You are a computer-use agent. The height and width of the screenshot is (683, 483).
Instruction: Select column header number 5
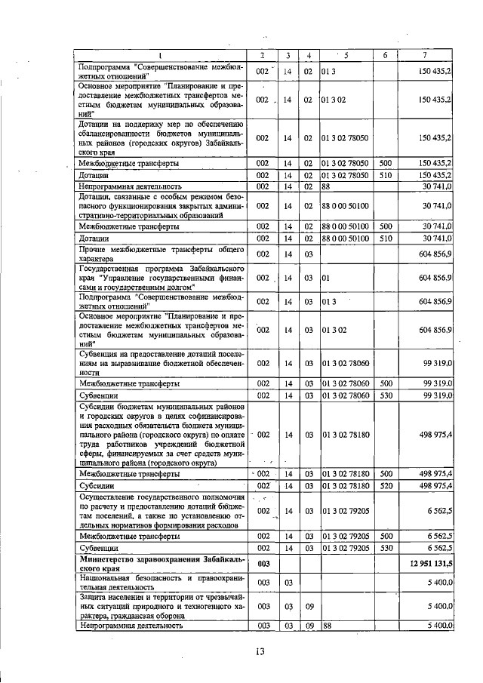coord(346,55)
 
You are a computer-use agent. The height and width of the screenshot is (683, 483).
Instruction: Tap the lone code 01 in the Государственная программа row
coord(326,278)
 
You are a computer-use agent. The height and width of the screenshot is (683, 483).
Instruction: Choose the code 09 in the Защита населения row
coord(308,605)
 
